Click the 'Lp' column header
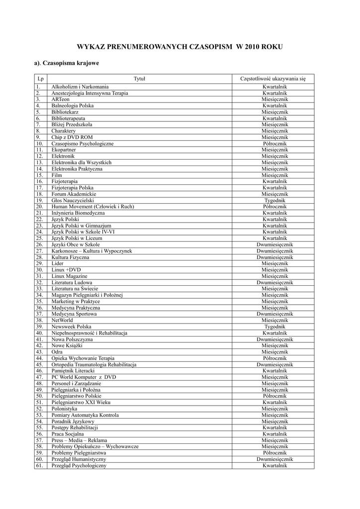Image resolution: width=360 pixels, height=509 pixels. pyautogui.click(x=40, y=79)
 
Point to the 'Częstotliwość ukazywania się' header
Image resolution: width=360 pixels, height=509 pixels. pyautogui.click(x=273, y=79)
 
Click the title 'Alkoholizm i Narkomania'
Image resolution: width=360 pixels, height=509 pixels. pyautogui.click(x=80, y=87)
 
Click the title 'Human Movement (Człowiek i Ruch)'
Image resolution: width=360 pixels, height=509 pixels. pyautogui.click(x=92, y=207)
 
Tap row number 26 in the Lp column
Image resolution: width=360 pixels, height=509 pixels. pyautogui.click(x=39, y=245)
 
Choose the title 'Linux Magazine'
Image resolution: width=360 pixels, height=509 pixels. pyautogui.click(x=70, y=276)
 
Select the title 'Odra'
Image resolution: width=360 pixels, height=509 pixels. pyautogui.click(x=57, y=352)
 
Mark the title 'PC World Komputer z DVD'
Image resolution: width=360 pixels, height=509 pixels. pyautogui.click(x=84, y=377)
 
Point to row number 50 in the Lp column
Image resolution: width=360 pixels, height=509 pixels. pyautogui.click(x=39, y=396)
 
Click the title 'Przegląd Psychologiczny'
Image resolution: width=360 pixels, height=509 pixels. pyautogui.click(x=79, y=466)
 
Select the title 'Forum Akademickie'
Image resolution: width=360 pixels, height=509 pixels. pyautogui.click(x=74, y=194)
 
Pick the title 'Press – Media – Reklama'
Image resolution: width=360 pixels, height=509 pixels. pyautogui.click(x=79, y=440)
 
